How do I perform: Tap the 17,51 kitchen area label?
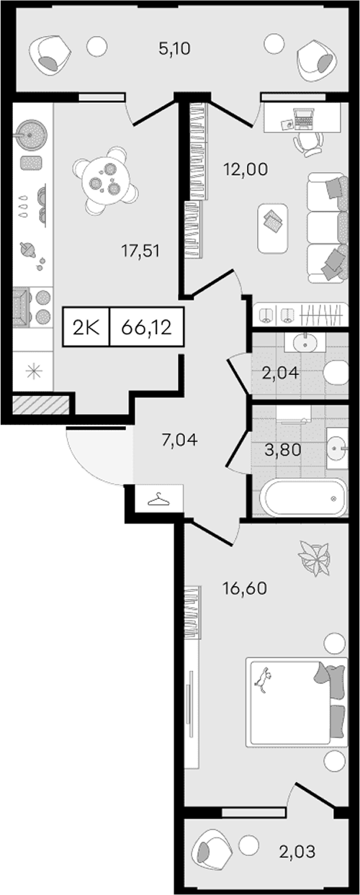coord(140,251)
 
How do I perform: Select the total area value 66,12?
coord(146,328)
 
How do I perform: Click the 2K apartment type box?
coord(86,328)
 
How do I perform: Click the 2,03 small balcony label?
coord(297,851)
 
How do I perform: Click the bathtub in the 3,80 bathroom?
coord(303,498)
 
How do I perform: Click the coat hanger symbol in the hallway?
coord(158,499)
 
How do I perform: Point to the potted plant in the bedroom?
coord(315,559)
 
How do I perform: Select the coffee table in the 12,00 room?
coord(273,228)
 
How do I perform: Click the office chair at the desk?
coord(307,143)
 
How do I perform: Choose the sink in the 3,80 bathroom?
coord(337,449)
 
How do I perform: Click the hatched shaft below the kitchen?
coord(40,404)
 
